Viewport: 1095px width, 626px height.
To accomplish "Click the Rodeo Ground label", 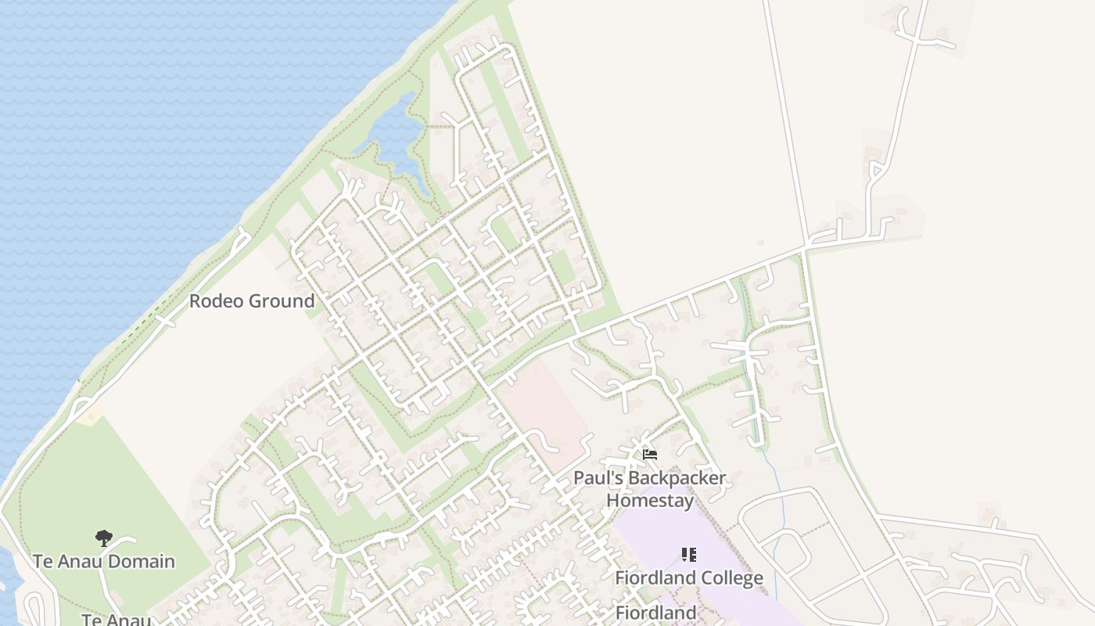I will click(252, 301).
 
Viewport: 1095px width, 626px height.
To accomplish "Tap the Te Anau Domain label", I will click(104, 561).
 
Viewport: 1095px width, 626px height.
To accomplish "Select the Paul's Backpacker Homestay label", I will click(649, 488).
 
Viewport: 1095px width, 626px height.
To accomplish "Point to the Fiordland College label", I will click(688, 578).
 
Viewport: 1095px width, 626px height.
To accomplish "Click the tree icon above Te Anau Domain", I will click(103, 538).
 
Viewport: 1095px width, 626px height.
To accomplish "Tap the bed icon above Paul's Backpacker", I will click(649, 455).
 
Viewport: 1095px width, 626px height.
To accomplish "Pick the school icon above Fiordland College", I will click(688, 555).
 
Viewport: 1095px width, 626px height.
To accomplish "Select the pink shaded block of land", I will click(544, 407).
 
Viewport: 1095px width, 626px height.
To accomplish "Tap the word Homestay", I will click(650, 500).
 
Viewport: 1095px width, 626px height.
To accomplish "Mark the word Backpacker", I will click(677, 477).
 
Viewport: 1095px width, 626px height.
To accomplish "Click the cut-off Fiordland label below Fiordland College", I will click(655, 613).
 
